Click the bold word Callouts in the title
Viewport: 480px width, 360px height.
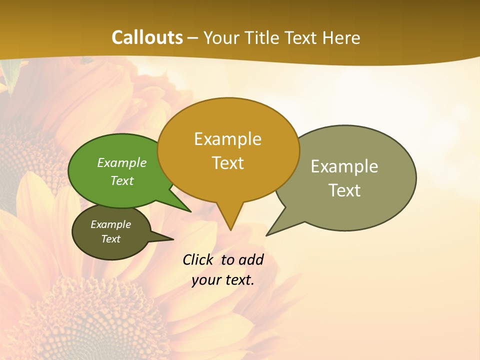pos(147,37)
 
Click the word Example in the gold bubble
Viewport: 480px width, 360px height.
pos(227,139)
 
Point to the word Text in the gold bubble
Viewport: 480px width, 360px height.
pos(228,163)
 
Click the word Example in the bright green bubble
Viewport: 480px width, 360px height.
pos(122,162)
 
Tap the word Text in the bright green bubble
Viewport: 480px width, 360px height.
pos(122,180)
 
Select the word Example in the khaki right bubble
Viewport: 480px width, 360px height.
pos(344,166)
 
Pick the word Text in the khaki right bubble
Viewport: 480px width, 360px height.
pos(344,190)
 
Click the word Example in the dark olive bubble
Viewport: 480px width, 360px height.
pos(110,224)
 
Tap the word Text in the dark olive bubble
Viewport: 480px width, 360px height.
pos(110,239)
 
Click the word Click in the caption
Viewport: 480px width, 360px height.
pos(197,260)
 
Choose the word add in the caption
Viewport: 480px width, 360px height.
pos(251,260)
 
